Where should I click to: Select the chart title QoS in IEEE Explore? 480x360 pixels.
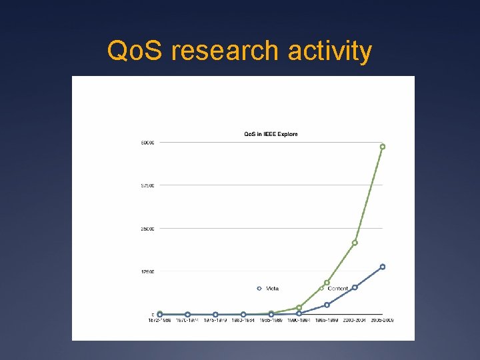tap(270, 134)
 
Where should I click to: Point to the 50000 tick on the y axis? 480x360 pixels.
tap(147, 142)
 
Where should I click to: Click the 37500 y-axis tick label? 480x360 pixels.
tap(147, 185)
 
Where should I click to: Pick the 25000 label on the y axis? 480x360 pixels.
tap(147, 229)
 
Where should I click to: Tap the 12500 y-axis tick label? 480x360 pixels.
tap(147, 271)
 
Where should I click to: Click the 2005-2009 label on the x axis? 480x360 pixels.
tap(382, 321)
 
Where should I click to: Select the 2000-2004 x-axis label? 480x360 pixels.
tap(355, 321)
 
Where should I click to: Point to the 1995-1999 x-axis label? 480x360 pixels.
tap(327, 321)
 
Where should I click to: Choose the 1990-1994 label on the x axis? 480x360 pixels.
tap(299, 321)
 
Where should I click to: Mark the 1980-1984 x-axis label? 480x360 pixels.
tap(243, 321)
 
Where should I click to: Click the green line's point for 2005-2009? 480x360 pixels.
tap(383, 146)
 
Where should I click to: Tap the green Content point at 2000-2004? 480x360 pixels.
tap(355, 243)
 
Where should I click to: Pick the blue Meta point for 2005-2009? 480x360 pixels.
tap(383, 267)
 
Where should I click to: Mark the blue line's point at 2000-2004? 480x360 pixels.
tap(355, 287)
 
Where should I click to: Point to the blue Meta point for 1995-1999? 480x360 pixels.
tap(327, 305)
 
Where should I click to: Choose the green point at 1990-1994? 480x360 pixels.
tap(299, 307)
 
